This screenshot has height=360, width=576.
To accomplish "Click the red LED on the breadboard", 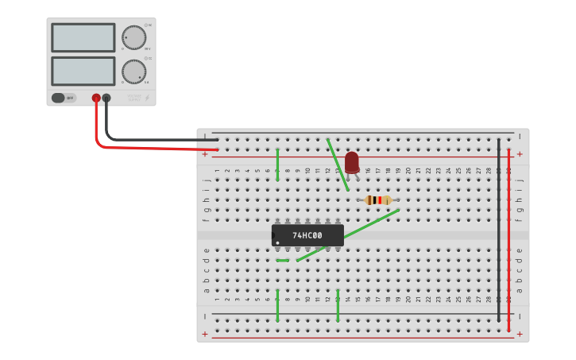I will point(352,161).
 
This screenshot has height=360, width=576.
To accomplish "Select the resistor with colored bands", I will point(378,200).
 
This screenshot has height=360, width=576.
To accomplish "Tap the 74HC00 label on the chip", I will point(307,235).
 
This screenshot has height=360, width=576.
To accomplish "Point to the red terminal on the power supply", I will point(96,98).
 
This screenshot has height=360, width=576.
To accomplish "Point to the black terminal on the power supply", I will point(106,98).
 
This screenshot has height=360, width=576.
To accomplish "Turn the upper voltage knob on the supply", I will point(133,37).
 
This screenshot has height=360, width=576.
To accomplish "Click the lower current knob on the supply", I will point(133,72).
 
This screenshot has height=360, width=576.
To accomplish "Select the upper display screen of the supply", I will point(83,37).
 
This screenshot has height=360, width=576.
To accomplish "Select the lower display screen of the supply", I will point(83,71).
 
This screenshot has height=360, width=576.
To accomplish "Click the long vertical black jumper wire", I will point(499,230).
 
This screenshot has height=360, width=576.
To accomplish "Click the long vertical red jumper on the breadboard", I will point(509,238).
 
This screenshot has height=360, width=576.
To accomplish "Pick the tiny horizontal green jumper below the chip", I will point(282,260).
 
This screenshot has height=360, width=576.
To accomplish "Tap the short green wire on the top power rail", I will point(277,165).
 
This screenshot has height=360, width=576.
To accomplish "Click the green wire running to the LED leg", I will point(338,165).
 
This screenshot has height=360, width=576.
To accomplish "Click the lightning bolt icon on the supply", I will point(146,99).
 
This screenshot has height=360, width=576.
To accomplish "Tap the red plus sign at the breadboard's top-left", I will point(205,153).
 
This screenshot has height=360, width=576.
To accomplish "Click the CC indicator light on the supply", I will point(146,59).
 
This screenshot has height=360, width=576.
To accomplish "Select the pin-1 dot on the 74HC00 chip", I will point(277,242).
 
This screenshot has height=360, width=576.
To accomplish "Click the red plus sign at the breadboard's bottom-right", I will point(520,334).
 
